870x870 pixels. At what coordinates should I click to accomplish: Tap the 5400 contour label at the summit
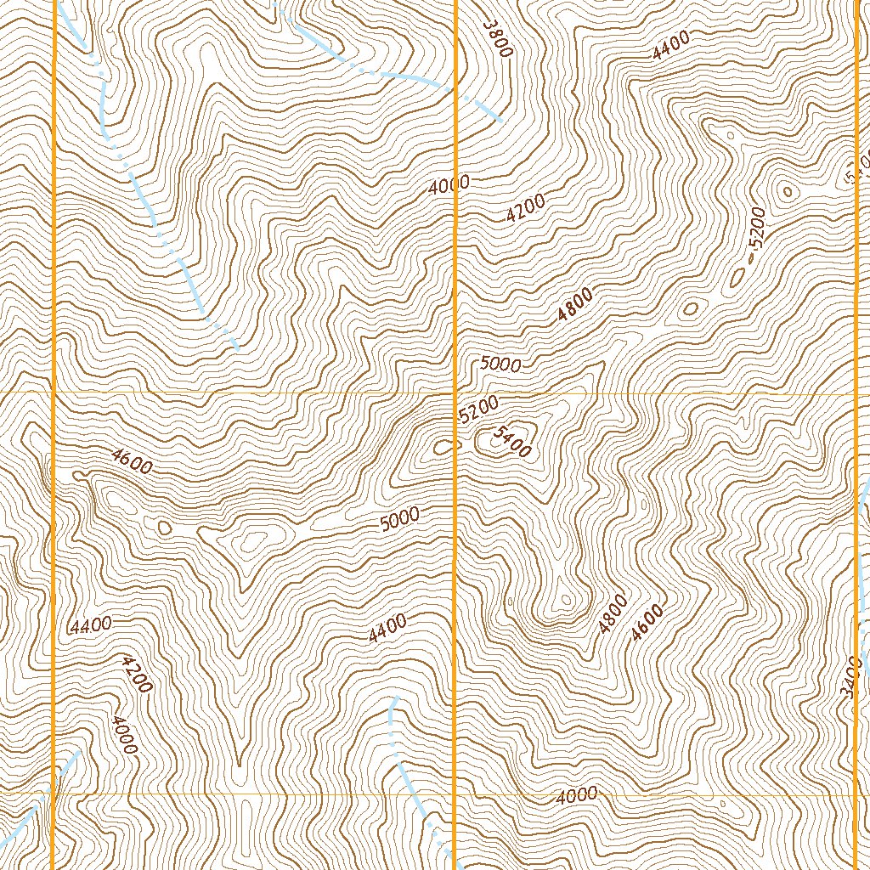coord(511,442)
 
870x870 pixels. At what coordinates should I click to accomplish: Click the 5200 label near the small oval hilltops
coord(757,227)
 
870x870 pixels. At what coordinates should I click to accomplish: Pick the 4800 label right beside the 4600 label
coord(613,614)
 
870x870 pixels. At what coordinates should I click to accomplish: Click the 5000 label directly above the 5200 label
coord(500,364)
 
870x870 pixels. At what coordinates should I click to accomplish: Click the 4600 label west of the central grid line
coord(132,461)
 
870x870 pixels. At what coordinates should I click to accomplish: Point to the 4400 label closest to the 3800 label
coord(671,44)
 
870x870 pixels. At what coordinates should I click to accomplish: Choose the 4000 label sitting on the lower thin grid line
coord(577,795)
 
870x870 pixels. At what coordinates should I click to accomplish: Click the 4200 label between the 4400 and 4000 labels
coord(137,673)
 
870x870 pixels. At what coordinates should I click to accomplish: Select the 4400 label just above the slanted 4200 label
coord(91,625)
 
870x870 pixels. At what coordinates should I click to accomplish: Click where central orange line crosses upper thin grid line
coord(456,394)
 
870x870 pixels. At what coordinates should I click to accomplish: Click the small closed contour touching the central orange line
coord(443,445)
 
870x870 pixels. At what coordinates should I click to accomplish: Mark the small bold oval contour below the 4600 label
coord(164,528)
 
